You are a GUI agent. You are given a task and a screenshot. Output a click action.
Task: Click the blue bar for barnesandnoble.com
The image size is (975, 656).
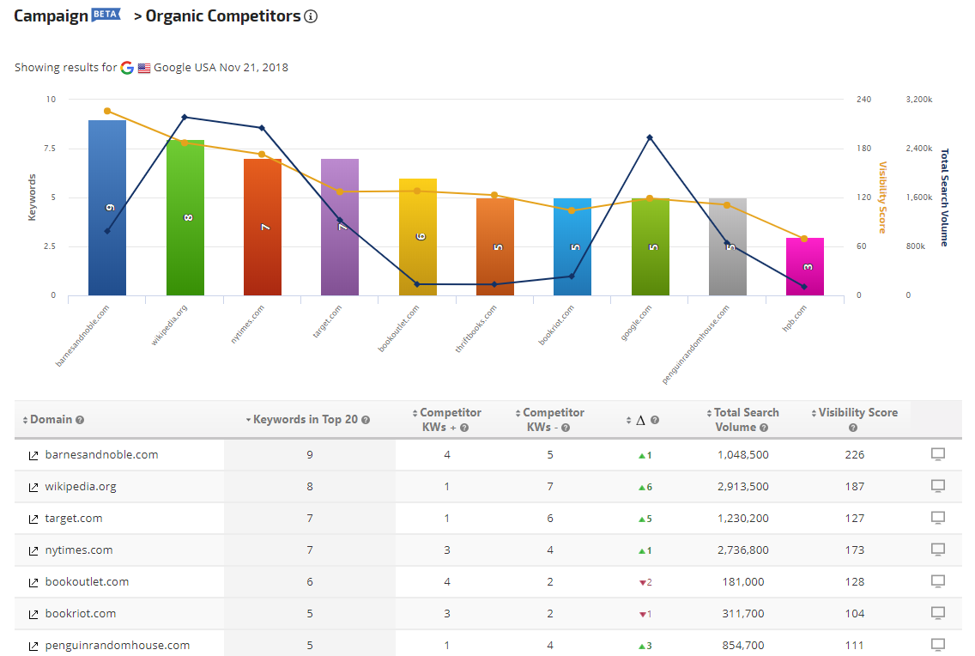pos(107,208)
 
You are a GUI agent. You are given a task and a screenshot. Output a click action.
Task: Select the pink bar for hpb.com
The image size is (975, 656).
pos(804,266)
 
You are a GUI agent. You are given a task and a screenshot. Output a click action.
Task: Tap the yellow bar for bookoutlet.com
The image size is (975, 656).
pos(417,237)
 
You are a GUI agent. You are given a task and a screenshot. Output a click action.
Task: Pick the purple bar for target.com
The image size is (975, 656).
pos(340,227)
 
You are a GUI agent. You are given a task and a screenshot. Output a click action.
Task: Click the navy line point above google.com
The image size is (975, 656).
pos(650,137)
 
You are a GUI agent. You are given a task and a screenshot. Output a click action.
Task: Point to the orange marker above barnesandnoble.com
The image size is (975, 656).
pos(107,112)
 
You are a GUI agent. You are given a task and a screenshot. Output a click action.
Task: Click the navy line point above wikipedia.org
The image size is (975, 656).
pos(185,117)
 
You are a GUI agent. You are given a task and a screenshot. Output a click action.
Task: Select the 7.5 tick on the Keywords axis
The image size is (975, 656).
pos(50,148)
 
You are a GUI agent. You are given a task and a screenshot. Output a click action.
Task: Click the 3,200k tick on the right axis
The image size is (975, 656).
pos(919,99)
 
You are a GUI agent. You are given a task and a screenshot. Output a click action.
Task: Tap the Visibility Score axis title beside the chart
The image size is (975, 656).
pos(882,197)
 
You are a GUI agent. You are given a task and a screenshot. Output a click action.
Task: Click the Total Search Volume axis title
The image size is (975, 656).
pos(944,197)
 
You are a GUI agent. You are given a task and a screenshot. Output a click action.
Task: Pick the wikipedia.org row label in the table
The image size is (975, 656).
pos(80,486)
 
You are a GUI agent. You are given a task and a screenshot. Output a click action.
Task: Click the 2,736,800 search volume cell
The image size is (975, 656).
pos(743,550)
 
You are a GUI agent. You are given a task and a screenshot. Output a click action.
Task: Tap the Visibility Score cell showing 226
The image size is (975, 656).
pos(854,454)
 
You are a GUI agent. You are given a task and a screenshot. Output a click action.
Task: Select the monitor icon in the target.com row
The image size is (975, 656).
pos(938,518)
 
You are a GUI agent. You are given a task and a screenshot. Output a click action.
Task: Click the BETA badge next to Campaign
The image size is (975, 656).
pos(106,15)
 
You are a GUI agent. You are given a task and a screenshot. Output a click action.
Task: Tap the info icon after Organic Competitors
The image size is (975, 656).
pos(311,17)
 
